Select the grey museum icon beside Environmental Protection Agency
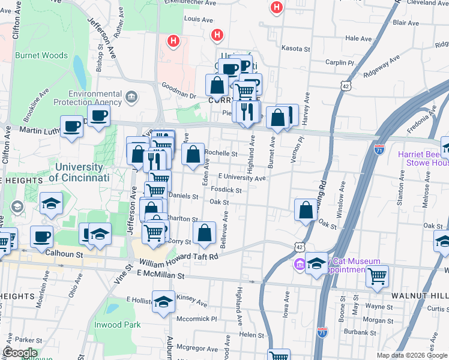coord(131,96)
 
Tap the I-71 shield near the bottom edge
coord(322,331)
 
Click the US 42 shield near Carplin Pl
coord(346,86)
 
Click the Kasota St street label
coord(295,49)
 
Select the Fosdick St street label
coord(226,190)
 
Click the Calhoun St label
coord(64,254)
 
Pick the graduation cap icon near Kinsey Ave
coord(163,302)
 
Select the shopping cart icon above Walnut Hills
coord(377,276)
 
